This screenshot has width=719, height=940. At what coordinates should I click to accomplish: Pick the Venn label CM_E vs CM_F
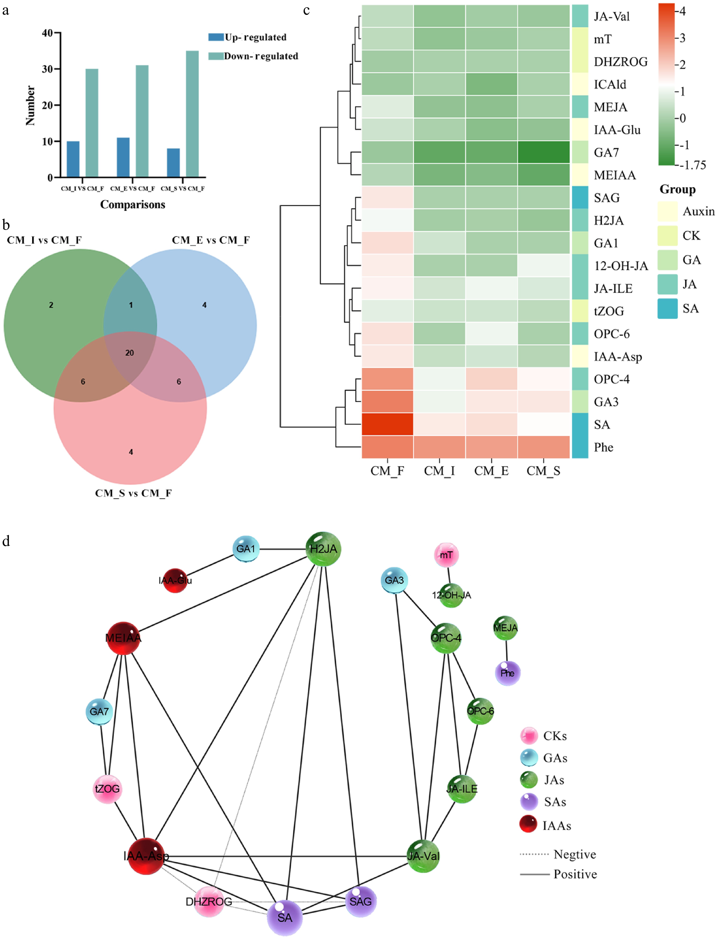211,240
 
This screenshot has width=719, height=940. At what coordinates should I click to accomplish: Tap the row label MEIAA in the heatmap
615,175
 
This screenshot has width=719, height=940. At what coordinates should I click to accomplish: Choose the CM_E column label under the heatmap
491,471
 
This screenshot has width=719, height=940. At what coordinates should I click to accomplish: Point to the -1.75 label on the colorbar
693,165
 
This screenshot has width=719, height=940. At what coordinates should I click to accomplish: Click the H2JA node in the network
324,549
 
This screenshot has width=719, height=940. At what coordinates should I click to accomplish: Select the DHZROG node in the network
209,902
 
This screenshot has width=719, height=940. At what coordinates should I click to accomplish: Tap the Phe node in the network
507,673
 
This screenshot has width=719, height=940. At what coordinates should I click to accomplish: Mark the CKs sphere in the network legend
529,736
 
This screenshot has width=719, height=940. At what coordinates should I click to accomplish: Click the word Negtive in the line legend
574,854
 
